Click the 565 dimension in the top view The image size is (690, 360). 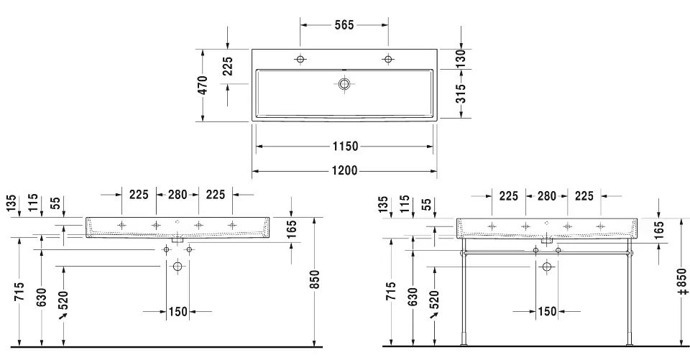(344, 25)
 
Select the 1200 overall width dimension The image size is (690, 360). (344, 170)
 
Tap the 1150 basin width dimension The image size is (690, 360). (345, 146)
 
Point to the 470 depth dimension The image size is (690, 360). (202, 85)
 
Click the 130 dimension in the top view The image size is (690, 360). (459, 58)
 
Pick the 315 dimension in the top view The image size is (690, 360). (460, 93)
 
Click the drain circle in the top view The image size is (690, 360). (344, 83)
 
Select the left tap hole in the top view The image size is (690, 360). (300, 59)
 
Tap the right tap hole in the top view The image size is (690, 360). (388, 59)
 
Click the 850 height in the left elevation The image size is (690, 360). (314, 279)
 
